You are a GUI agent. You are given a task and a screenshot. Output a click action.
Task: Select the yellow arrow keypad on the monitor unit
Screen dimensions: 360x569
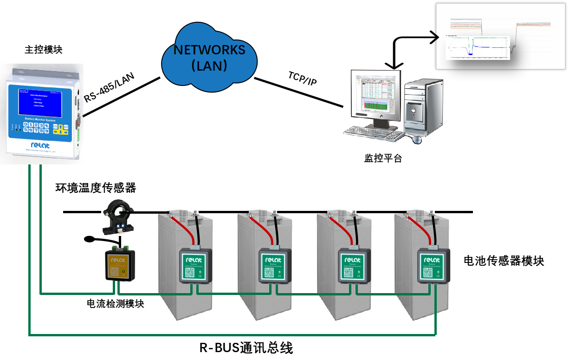tap(60, 130)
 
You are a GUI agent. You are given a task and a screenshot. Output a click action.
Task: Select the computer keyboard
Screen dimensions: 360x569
tap(374, 133)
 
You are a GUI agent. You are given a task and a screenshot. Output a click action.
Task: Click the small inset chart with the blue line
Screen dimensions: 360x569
tap(477, 48)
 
